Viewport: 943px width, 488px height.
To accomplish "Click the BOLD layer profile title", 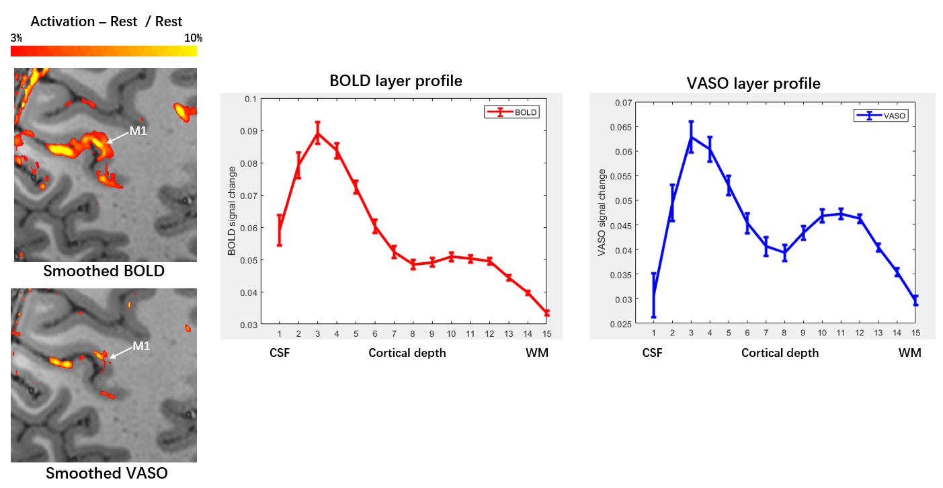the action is [396, 81].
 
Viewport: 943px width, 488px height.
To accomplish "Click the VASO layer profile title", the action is [753, 83].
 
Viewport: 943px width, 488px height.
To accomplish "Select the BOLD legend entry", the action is [511, 112].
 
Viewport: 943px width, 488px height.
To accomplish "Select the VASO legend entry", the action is [880, 116].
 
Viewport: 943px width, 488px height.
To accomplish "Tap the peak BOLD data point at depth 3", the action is [317, 133].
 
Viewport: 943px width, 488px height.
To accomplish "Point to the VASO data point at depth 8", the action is [784, 253].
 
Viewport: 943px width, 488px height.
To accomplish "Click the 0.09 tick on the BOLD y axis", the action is [248, 131].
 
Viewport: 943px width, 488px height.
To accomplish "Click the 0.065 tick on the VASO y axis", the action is [621, 127].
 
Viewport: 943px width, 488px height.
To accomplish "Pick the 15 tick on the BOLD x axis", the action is [546, 334].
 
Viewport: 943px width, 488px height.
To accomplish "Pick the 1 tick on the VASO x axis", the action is [654, 333].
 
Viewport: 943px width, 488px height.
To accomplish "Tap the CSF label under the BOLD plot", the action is [280, 353].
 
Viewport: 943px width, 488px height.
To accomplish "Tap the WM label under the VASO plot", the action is [910, 353].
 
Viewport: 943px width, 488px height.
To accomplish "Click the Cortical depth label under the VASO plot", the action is [780, 353].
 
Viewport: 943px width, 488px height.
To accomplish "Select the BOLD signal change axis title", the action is [231, 211].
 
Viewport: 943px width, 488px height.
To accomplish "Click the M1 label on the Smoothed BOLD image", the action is [138, 131].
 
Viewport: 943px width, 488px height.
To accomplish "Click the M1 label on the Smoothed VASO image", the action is [141, 346].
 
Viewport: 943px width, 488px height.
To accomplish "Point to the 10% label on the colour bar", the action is [193, 38].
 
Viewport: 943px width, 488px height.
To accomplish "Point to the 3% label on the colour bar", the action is [16, 38].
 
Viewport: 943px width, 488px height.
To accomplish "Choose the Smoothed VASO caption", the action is [106, 473].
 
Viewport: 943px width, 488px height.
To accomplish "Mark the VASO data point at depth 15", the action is [915, 300].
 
